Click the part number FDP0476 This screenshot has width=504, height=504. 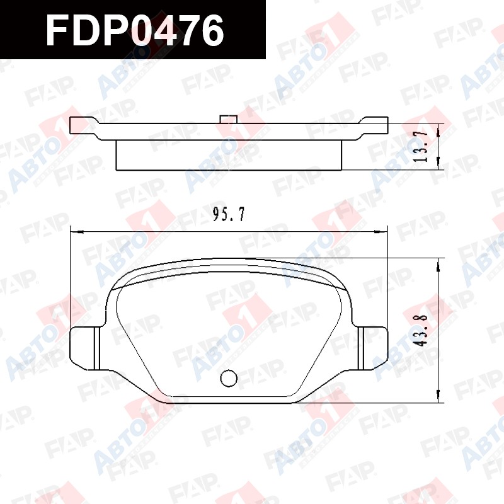(134, 30)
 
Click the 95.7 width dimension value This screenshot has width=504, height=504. (229, 214)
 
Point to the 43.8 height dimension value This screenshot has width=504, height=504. (421, 330)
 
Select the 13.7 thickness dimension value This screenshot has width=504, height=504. (421, 146)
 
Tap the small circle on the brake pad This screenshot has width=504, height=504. (229, 378)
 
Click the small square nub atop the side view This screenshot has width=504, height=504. (229, 118)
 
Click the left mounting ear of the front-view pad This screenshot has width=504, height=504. (85, 348)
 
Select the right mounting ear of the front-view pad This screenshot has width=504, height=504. (373, 348)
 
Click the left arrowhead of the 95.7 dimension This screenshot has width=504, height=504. (76, 231)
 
